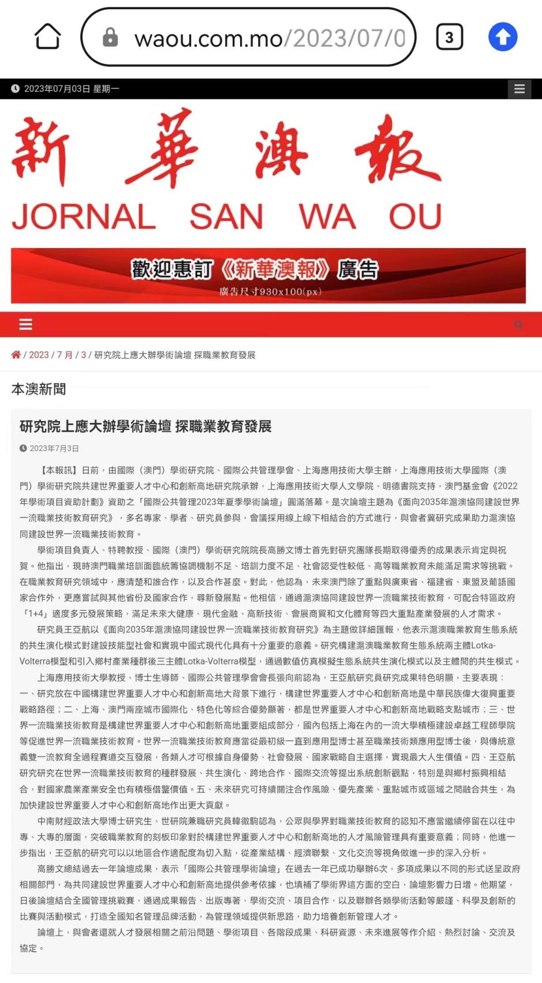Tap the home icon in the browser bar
pos(47,37)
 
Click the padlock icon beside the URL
pos(110,37)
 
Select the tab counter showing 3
pos(449,37)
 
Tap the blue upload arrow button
pos(503,37)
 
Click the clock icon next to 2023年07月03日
pos(15,89)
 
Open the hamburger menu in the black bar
pos(519,89)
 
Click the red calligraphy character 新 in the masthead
pos(40,151)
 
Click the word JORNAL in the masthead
pos(84,217)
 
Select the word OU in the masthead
pos(415,217)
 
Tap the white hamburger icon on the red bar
pos(26,324)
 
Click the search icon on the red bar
pos(518,324)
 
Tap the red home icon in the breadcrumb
pos(16,355)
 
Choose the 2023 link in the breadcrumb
pos(39,355)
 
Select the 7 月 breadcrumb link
pos(65,355)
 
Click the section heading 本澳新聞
pos(39,389)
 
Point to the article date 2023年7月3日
pos(54,448)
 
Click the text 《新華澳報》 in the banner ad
pos(275,269)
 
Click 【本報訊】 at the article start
pos(57,470)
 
